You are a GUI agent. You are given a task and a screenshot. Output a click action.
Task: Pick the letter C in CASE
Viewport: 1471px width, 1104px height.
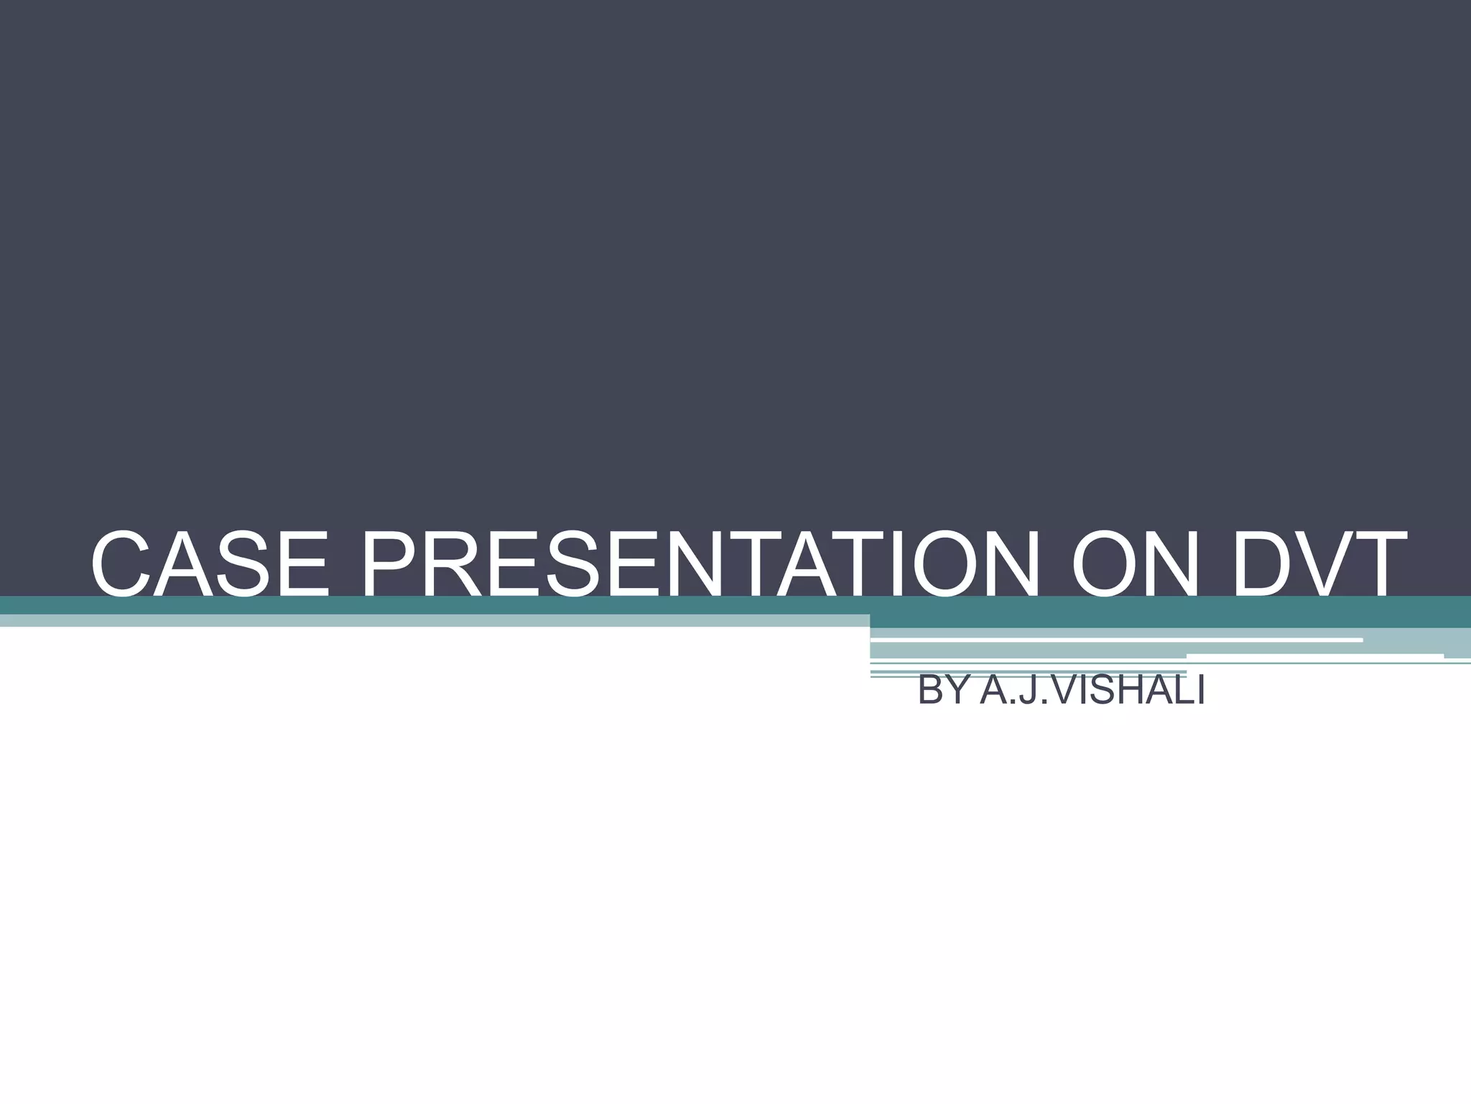pos(121,563)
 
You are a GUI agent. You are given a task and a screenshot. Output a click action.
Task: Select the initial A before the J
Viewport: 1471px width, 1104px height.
pos(995,691)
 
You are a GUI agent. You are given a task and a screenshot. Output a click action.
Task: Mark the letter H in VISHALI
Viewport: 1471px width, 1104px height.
pos(1135,691)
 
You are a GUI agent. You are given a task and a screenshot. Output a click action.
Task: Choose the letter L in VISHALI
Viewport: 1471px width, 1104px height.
pos(1184,691)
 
